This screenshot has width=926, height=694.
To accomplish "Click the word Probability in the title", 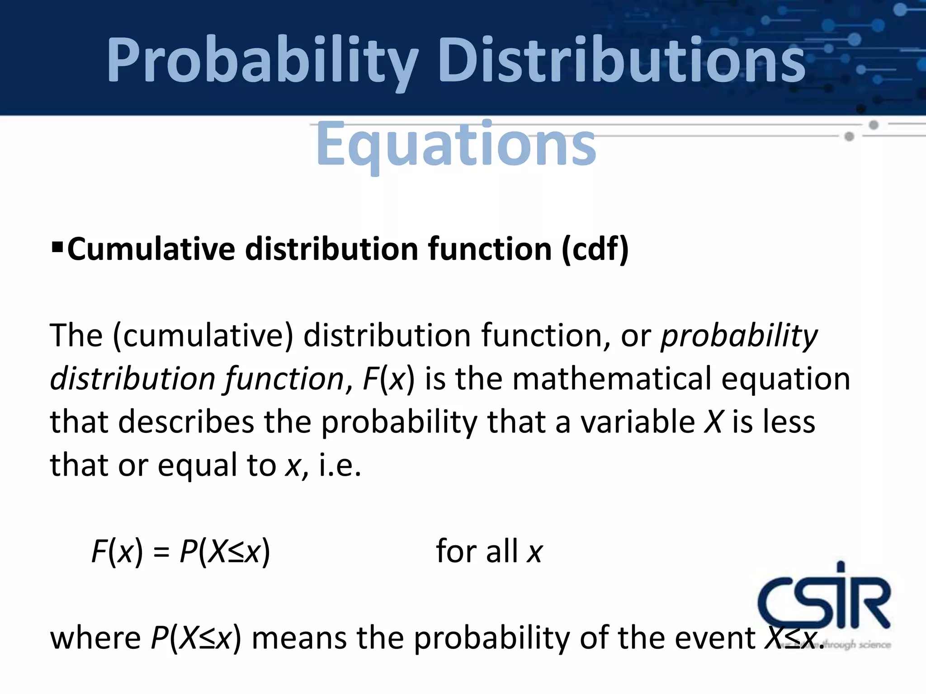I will pos(262,61).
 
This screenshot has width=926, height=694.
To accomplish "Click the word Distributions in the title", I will pos(622,61).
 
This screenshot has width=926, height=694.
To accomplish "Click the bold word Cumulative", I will pos(151,249).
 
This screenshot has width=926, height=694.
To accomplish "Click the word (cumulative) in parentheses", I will pos(203,336).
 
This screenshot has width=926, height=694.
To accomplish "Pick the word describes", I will pos(186,422).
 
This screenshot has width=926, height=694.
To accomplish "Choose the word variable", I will pos(638,422).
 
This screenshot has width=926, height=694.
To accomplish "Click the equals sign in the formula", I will pos(161,553).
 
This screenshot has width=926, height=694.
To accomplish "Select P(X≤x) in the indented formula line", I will pos(225,552).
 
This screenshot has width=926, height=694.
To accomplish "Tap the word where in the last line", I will pos(95,638).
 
